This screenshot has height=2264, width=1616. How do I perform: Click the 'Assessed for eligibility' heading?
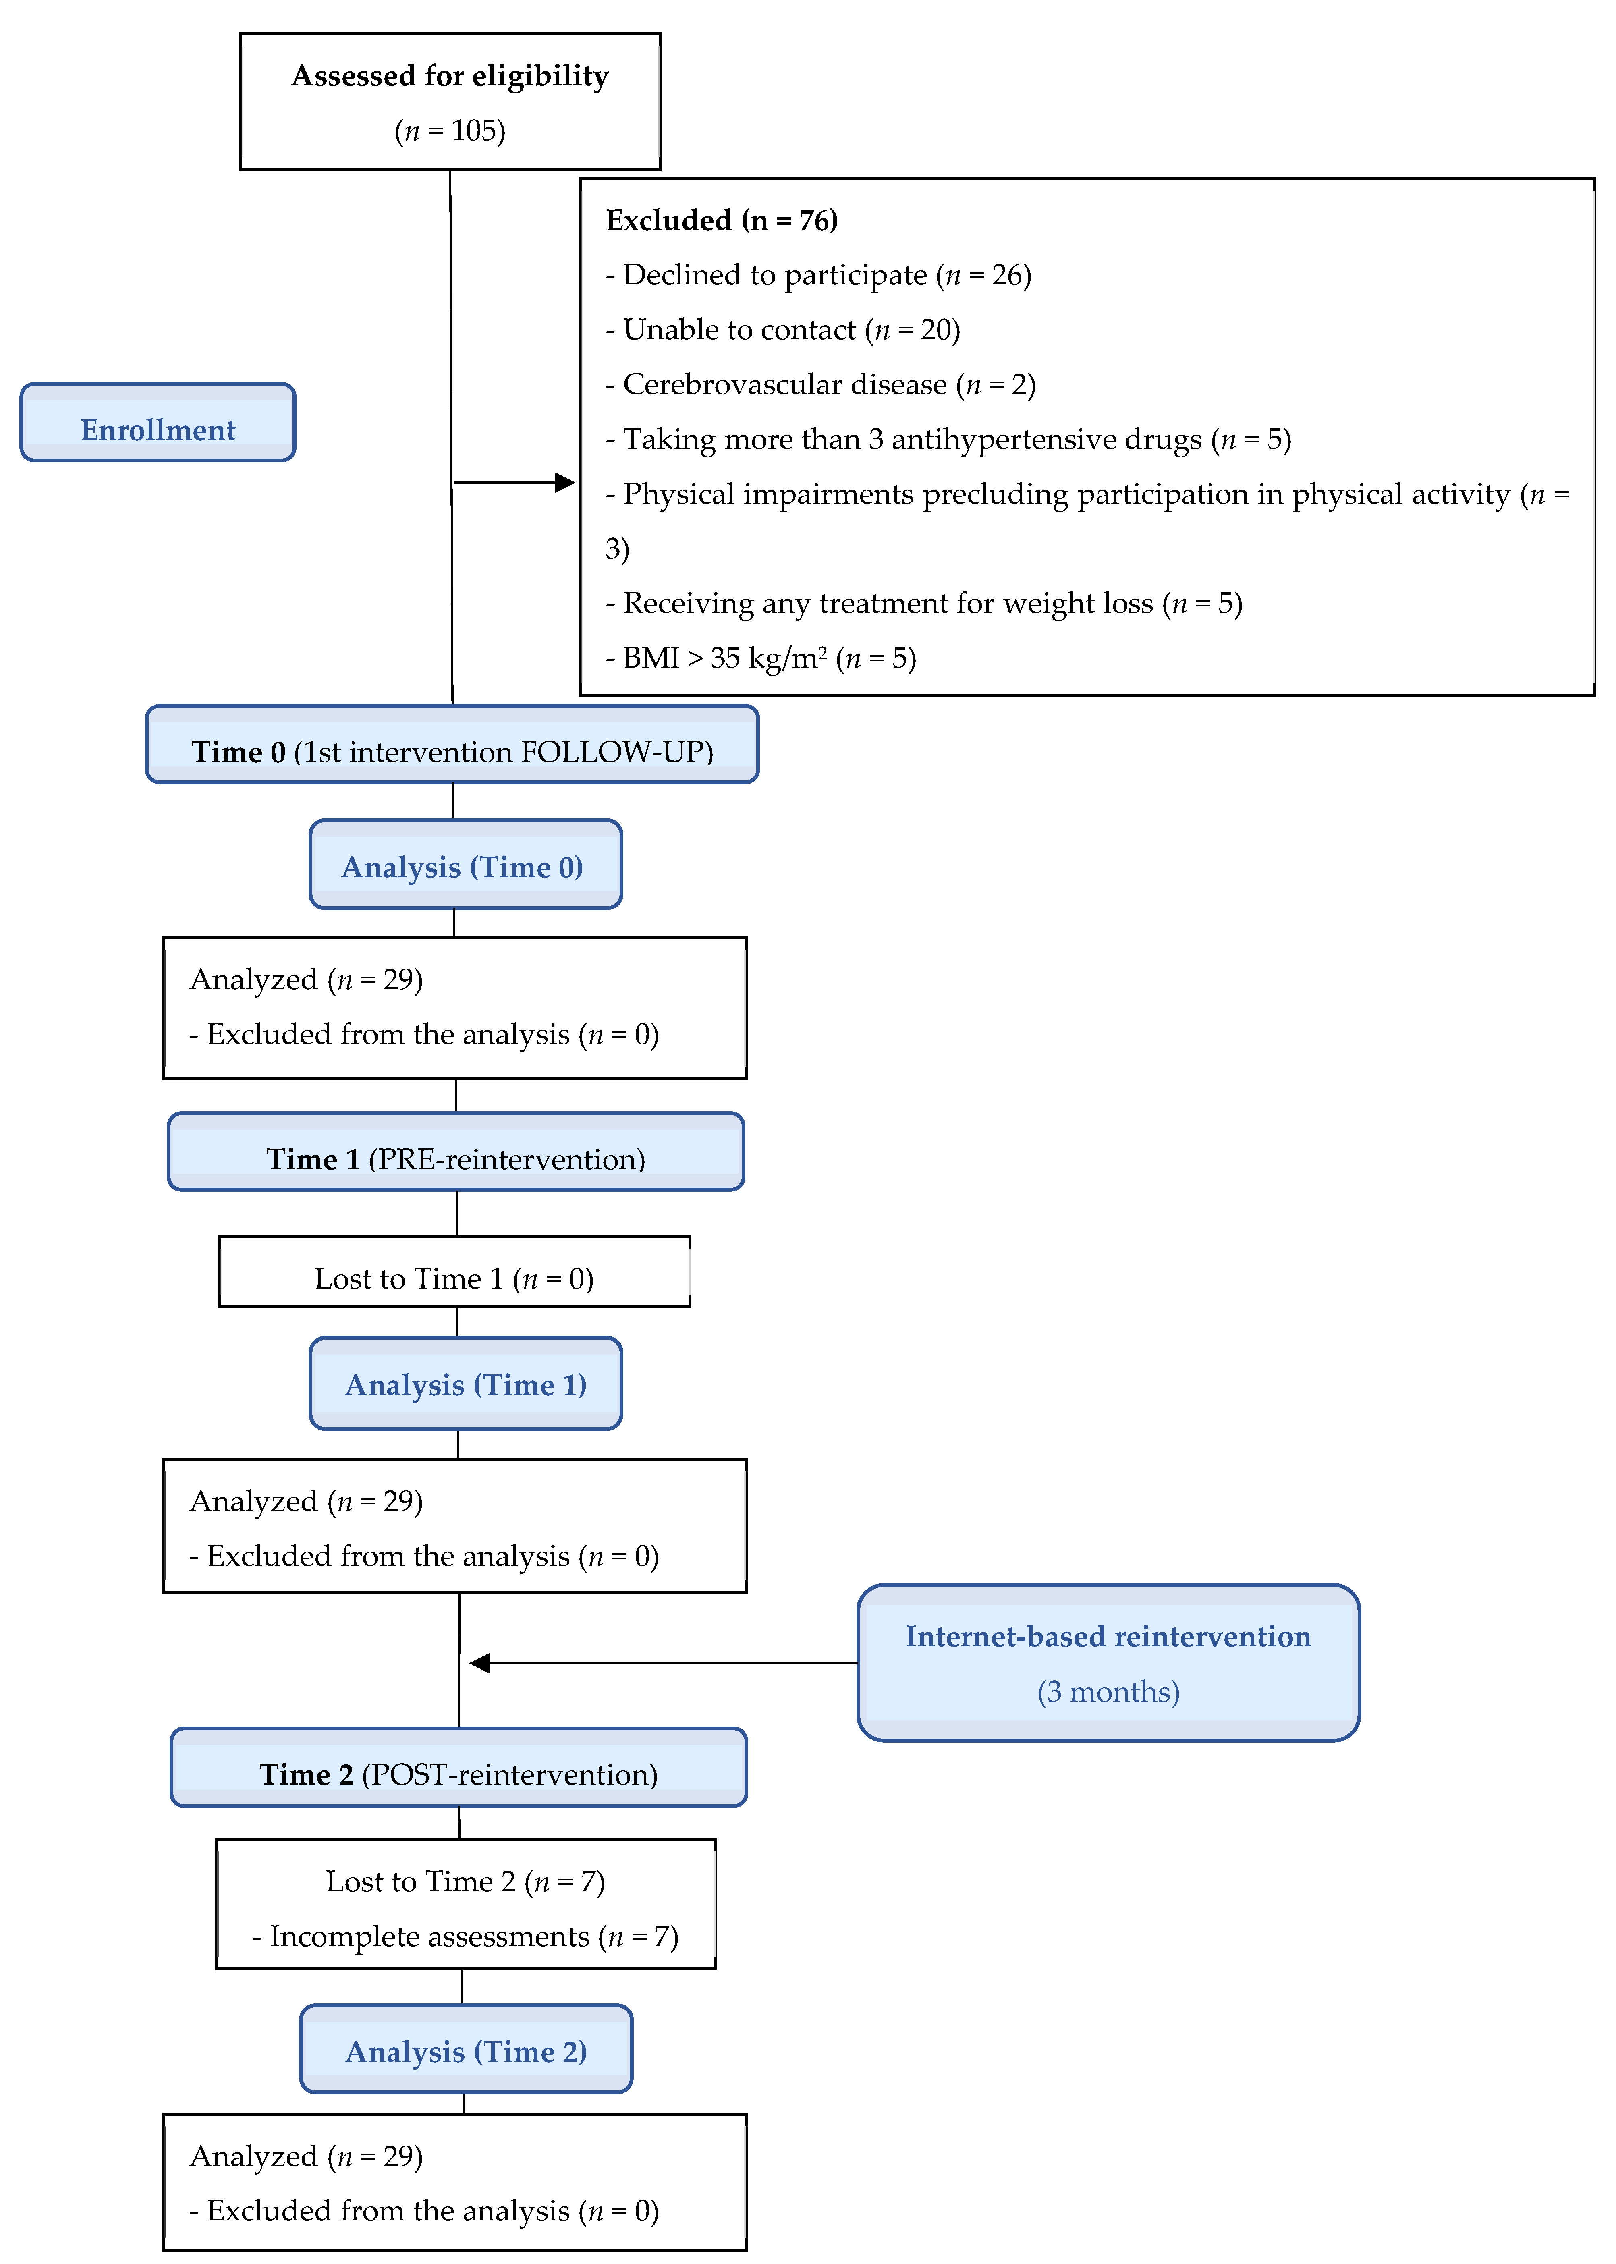tap(450, 77)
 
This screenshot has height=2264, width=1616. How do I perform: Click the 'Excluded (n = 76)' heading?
tap(722, 220)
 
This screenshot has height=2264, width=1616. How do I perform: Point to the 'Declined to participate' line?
tap(818, 275)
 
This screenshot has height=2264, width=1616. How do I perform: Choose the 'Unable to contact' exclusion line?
tap(782, 330)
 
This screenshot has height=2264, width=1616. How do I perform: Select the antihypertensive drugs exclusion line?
tap(947, 439)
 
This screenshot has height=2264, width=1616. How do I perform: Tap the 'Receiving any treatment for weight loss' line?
tap(923, 603)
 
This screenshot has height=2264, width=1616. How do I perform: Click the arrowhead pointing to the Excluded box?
tap(564, 483)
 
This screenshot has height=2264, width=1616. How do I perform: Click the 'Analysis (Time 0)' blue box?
tap(465, 865)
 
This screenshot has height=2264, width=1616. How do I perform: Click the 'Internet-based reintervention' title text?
tap(1108, 1637)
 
